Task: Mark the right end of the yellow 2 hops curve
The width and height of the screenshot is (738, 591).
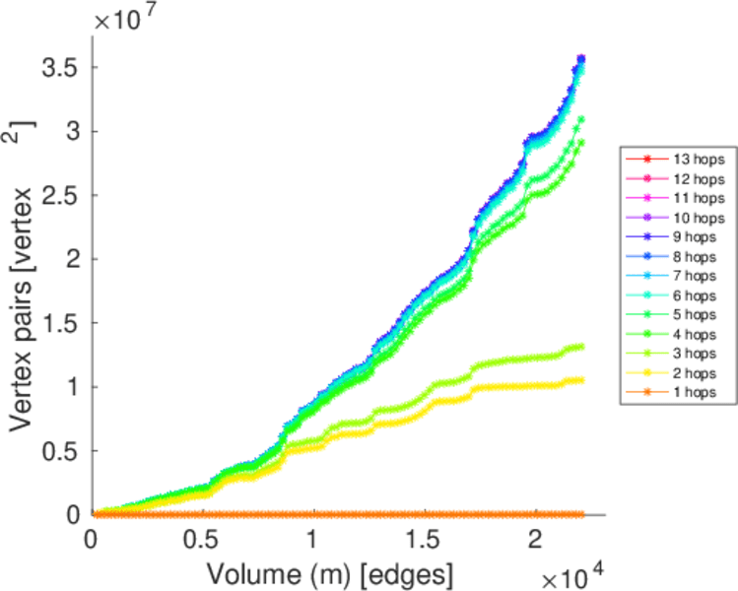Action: point(581,379)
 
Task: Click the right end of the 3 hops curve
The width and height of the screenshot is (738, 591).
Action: point(581,346)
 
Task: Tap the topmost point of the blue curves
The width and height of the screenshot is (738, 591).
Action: point(581,58)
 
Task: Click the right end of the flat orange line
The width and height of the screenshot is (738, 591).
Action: point(581,514)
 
